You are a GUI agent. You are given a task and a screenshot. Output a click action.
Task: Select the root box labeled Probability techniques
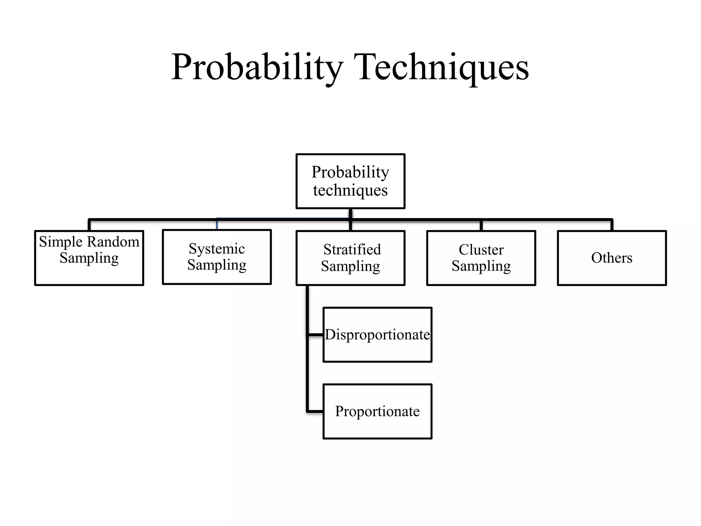tap(350, 181)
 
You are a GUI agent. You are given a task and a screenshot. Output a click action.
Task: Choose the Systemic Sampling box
tap(217, 257)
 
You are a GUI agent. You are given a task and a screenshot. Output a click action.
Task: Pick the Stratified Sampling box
tap(350, 258)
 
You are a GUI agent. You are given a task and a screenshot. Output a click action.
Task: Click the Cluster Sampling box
tap(481, 258)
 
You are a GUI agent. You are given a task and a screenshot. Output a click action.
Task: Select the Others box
tap(612, 258)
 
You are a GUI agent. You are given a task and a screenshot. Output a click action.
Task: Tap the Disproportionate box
tap(377, 335)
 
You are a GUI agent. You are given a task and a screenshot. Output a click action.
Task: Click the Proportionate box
tap(377, 411)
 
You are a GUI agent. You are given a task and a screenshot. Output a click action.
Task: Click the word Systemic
tap(217, 249)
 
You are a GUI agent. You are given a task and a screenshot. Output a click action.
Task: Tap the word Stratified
tap(352, 250)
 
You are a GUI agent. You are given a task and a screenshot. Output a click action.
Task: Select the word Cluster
tap(481, 250)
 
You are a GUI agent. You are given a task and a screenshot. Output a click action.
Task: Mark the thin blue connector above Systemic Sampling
tap(217, 224)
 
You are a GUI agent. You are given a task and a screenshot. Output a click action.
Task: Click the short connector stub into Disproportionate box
tap(316, 335)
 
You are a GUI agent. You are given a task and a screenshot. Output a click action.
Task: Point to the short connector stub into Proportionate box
tap(316, 411)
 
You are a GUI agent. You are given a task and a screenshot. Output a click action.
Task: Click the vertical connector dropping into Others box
tap(612, 225)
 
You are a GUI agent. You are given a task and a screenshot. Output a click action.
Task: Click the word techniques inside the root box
tap(350, 190)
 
